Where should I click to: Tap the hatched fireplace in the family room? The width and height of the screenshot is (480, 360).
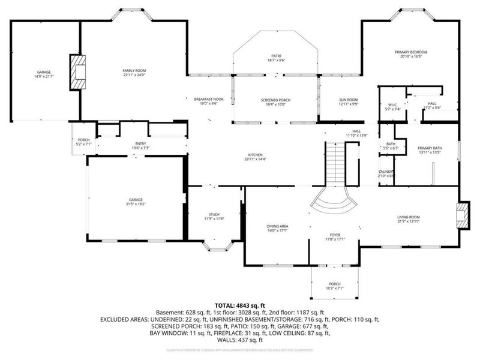tap(77, 72)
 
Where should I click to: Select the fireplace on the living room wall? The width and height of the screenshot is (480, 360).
tap(463, 217)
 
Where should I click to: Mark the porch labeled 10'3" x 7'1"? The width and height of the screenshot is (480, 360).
tap(334, 286)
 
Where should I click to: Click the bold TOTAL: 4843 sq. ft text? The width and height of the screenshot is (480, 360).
tap(240, 305)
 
